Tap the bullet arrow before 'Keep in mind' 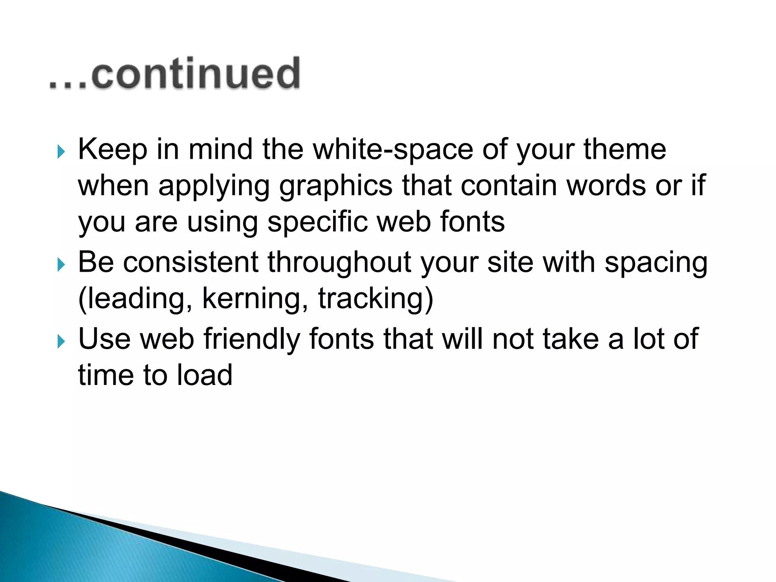pyautogui.click(x=61, y=152)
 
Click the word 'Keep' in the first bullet pyautogui.click(x=113, y=149)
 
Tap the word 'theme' pyautogui.click(x=624, y=149)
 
